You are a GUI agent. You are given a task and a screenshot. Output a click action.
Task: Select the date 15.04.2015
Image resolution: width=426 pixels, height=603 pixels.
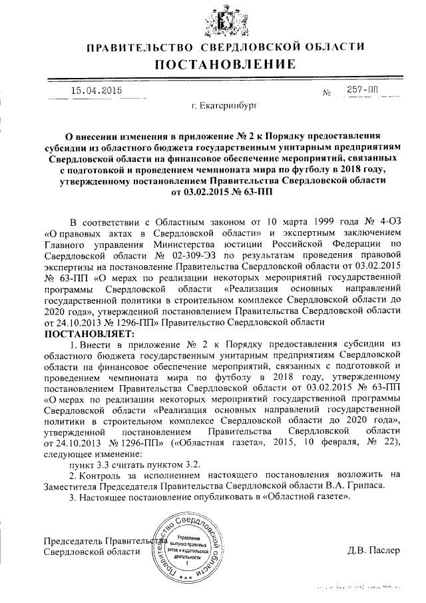click(x=94, y=91)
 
